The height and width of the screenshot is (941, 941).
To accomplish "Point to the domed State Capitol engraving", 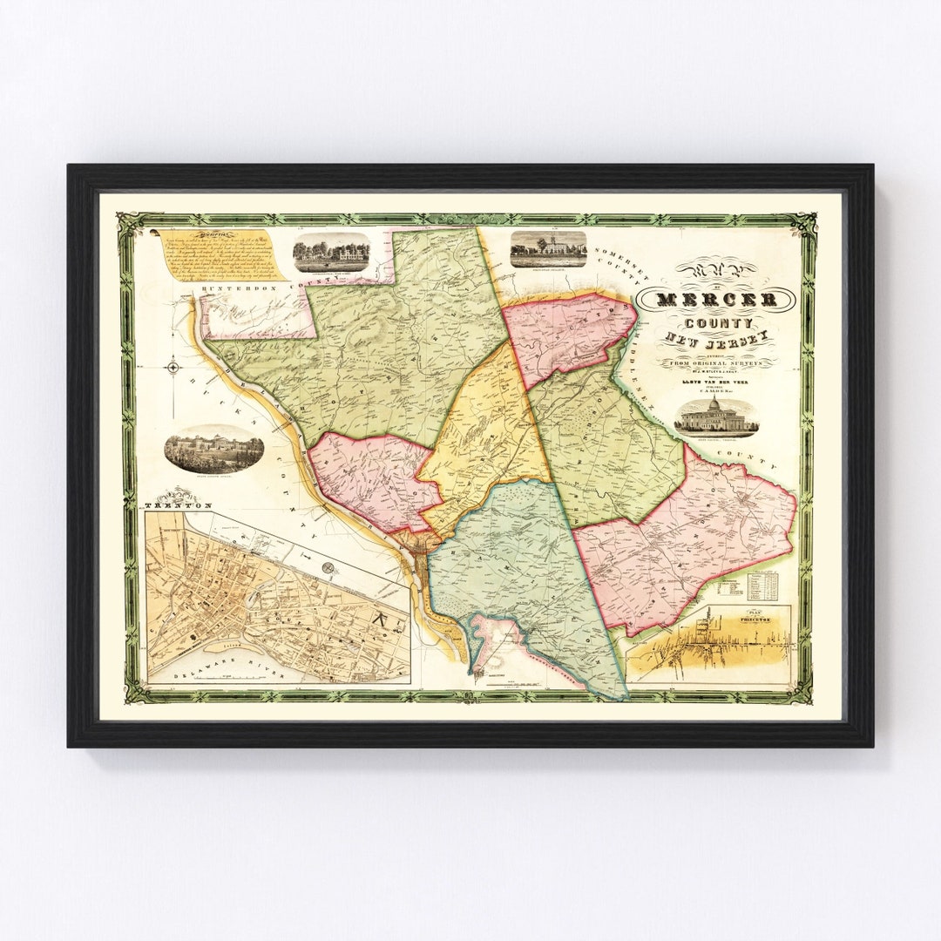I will point(716,419).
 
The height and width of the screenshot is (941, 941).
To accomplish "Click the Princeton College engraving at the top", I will point(548,248).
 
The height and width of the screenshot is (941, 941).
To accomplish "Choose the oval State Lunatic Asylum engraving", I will point(213,450).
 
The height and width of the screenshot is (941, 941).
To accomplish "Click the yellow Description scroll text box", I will point(220,255).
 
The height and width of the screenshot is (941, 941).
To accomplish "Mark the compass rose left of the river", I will point(173,367).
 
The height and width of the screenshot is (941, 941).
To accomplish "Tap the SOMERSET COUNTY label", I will point(619,267).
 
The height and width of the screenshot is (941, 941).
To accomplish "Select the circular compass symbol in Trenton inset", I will point(328,567).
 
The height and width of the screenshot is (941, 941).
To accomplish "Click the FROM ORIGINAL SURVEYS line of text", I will point(716,362).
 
